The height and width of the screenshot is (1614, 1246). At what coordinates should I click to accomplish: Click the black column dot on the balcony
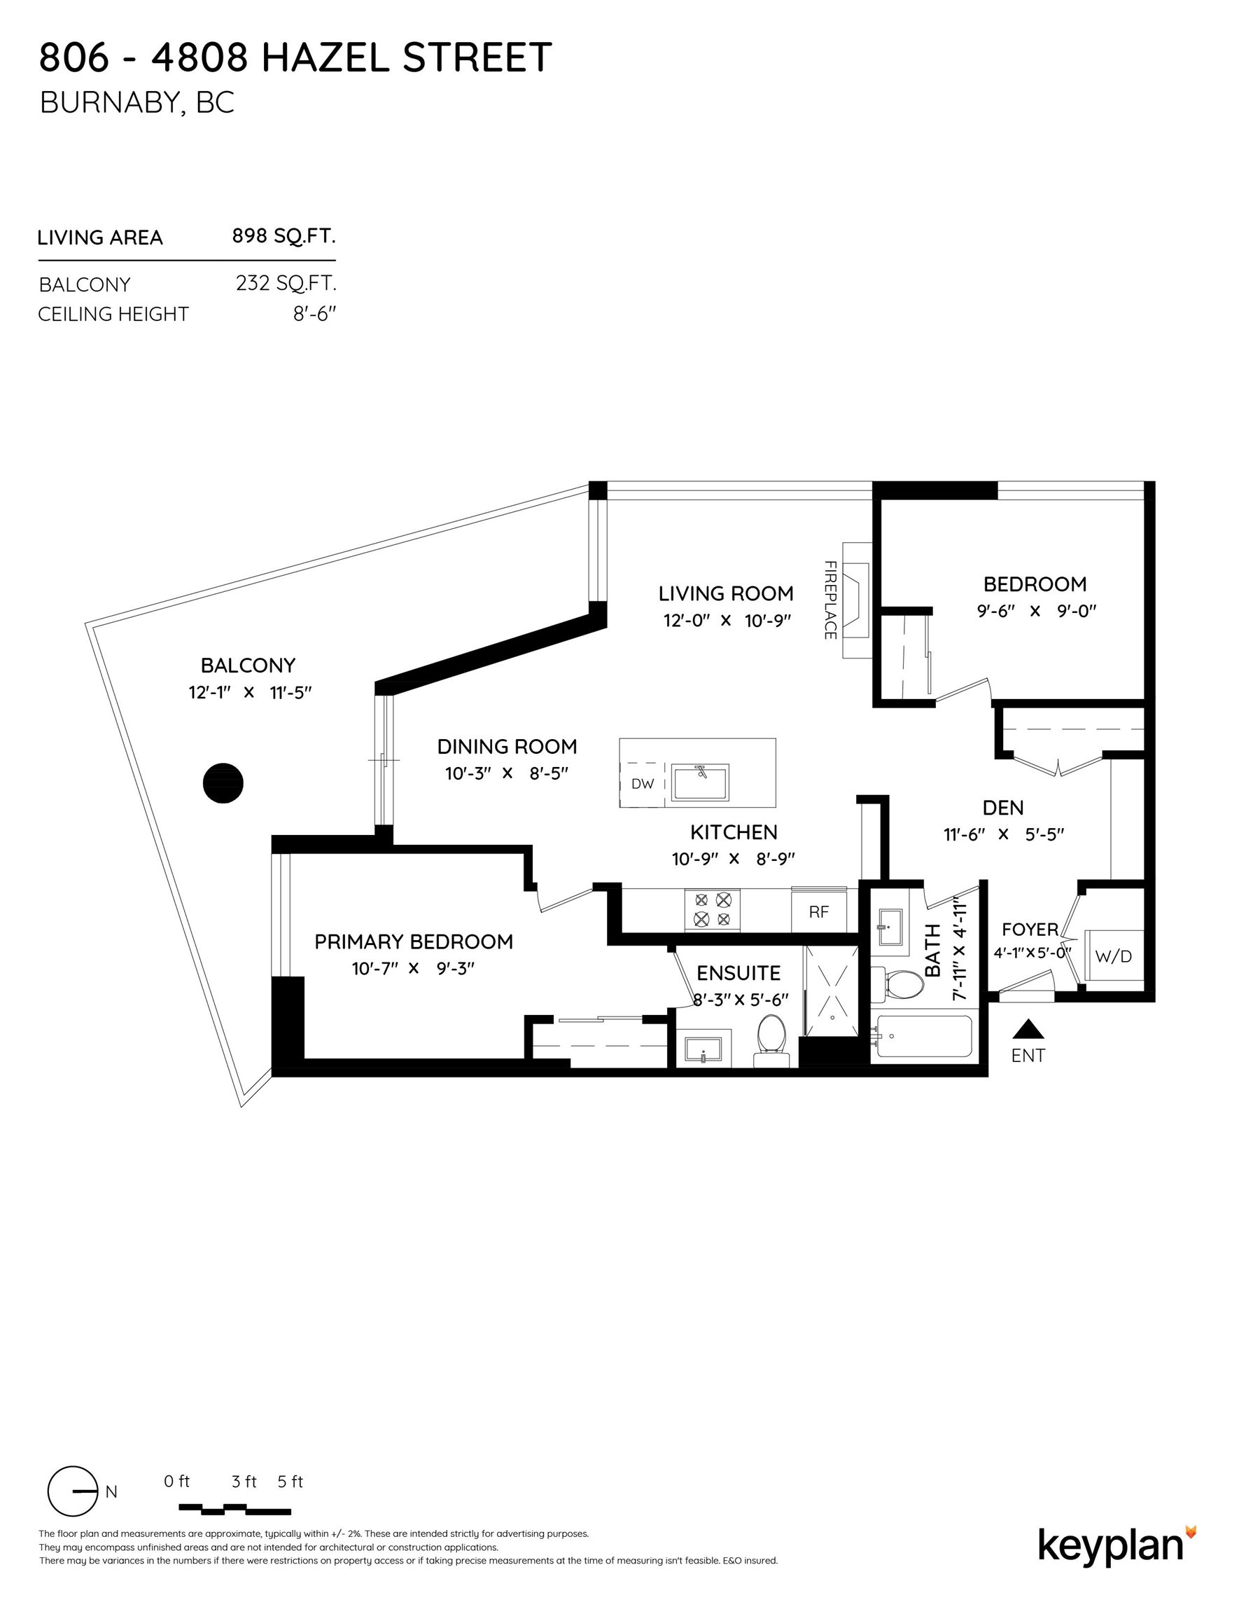pos(223,782)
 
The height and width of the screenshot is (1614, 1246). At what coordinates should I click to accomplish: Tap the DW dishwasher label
pos(643,784)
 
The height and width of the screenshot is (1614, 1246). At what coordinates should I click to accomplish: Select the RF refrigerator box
pos(818,912)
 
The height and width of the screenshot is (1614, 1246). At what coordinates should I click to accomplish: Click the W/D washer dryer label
pos(1113,956)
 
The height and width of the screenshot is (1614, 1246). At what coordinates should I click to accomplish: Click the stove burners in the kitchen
pos(712,910)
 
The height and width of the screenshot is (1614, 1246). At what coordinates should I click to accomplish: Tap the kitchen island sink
pos(700,782)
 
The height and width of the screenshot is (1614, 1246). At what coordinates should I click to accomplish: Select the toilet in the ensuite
pos(772,1037)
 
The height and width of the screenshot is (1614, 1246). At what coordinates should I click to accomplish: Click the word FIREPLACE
pos(830,600)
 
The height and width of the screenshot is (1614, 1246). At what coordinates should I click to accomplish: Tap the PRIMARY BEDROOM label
pos(414,941)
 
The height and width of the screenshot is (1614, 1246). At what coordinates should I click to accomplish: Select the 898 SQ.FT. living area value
pos(283,236)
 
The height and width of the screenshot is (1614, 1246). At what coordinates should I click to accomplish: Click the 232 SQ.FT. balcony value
pos(286,283)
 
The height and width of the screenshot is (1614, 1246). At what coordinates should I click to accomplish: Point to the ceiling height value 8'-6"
pos(314,314)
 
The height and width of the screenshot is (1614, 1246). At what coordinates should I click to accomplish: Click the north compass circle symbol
pos(72,1491)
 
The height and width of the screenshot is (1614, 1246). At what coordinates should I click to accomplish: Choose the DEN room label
pos(1003,808)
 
